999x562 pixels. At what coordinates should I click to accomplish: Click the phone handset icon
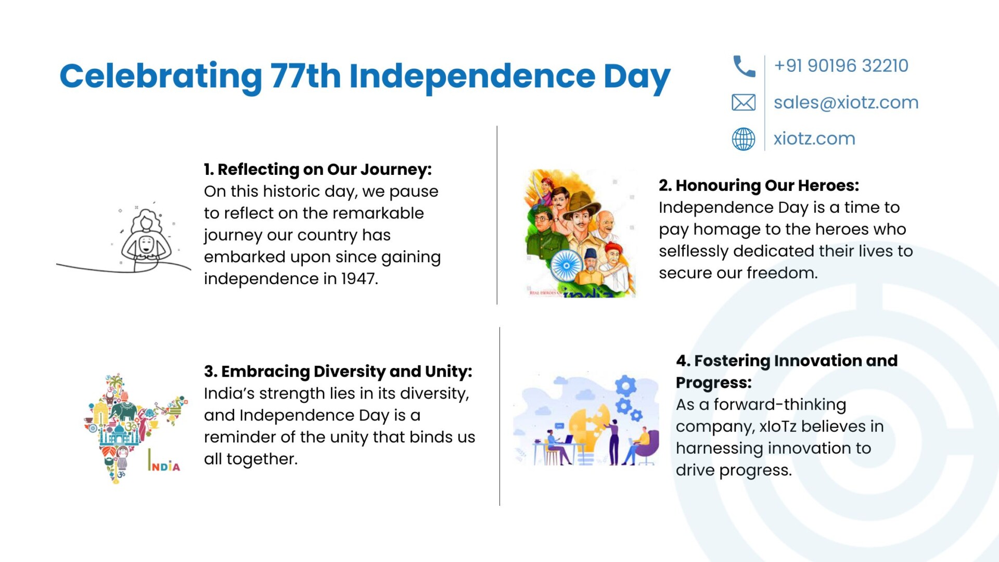pyautogui.click(x=744, y=66)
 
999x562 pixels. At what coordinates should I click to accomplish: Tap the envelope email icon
pyautogui.click(x=744, y=103)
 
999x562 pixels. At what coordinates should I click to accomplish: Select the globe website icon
pyautogui.click(x=744, y=139)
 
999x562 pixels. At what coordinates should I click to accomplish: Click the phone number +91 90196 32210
pyautogui.click(x=841, y=66)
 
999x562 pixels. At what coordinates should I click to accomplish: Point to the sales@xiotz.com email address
pyautogui.click(x=846, y=103)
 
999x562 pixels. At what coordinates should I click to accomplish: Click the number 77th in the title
pyautogui.click(x=305, y=76)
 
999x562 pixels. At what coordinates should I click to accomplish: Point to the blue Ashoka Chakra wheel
pyautogui.click(x=566, y=265)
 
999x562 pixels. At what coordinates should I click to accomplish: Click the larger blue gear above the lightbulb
pyautogui.click(x=625, y=386)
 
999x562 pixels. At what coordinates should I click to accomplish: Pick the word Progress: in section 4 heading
pyautogui.click(x=714, y=383)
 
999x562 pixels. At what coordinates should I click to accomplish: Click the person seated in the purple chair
pyautogui.click(x=641, y=445)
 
